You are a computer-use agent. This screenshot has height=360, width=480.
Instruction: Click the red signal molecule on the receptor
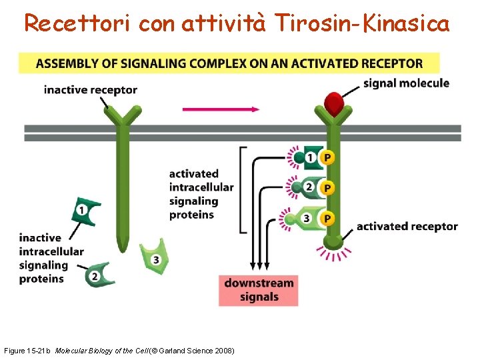point(333,103)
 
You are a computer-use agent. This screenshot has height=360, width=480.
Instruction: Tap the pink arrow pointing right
point(221,109)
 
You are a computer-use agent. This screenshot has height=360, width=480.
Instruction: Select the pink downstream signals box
point(258,290)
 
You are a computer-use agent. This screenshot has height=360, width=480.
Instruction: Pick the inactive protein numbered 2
point(97,275)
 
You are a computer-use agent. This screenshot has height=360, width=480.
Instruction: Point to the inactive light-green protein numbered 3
point(153,257)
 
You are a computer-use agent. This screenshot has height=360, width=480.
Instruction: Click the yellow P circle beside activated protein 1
point(327,157)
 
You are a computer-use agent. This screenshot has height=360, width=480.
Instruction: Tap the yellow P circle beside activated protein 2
point(327,188)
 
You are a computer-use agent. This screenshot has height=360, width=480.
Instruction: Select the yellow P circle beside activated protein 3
point(327,218)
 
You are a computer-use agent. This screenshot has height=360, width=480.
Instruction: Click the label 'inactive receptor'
point(91,90)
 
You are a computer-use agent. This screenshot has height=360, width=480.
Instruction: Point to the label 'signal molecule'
point(406,83)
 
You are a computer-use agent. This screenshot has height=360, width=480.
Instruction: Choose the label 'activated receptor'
point(407,226)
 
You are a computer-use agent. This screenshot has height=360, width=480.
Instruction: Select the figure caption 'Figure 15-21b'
point(28,350)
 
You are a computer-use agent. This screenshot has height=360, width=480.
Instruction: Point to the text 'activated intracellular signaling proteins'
point(201,194)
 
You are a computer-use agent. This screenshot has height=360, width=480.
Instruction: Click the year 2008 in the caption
point(224,350)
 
